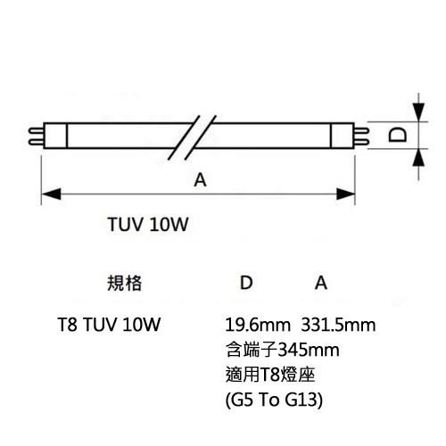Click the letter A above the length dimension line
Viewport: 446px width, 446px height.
click(x=200, y=180)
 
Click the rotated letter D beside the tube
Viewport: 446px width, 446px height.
click(x=398, y=135)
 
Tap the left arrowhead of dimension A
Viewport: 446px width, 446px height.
click(x=51, y=194)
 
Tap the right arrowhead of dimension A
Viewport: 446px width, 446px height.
click(x=345, y=194)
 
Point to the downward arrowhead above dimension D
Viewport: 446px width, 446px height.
click(x=418, y=112)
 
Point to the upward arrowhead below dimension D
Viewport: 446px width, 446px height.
click(x=418, y=158)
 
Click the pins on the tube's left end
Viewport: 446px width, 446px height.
click(x=36, y=136)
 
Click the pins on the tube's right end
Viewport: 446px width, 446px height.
click(x=361, y=136)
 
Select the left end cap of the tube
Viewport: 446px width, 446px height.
click(x=55, y=136)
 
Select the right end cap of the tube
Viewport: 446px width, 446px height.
click(x=343, y=136)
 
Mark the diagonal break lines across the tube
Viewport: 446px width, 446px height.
click(x=192, y=137)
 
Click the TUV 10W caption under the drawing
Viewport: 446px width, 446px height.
click(x=148, y=224)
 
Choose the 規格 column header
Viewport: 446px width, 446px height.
click(x=124, y=283)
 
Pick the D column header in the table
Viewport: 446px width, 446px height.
click(x=246, y=283)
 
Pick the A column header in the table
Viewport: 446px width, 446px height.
click(x=321, y=283)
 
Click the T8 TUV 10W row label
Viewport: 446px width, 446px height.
click(x=109, y=325)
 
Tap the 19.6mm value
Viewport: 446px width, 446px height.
click(x=258, y=325)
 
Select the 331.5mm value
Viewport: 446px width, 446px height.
click(x=338, y=325)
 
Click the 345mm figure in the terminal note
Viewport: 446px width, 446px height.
click(x=309, y=350)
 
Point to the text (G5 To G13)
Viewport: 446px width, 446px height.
click(x=274, y=401)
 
